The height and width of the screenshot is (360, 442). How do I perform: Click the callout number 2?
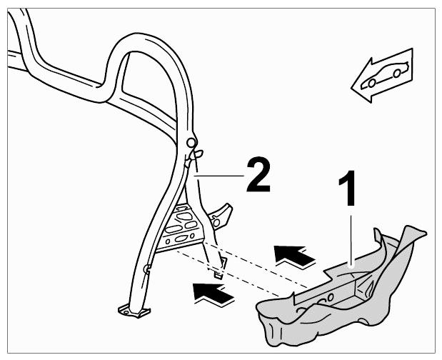click(258, 174)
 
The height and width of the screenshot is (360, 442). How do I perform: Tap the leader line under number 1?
click(351, 240)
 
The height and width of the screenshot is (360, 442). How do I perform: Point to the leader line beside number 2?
click(219, 176)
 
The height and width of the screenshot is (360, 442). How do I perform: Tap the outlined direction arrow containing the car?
click(382, 76)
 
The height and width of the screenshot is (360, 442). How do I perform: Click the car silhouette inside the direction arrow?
click(384, 74)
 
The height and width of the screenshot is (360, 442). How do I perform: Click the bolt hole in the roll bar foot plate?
click(126, 312)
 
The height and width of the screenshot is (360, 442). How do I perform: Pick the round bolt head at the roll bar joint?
click(191, 143)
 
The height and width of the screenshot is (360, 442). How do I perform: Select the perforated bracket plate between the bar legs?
click(181, 227)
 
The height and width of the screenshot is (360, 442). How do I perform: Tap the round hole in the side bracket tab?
click(216, 223)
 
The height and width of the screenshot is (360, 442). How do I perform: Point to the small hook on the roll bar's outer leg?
click(146, 269)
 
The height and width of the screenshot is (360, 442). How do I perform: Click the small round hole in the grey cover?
click(330, 297)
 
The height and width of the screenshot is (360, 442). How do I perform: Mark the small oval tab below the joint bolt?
click(199, 154)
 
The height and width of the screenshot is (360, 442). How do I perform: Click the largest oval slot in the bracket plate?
click(184, 216)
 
